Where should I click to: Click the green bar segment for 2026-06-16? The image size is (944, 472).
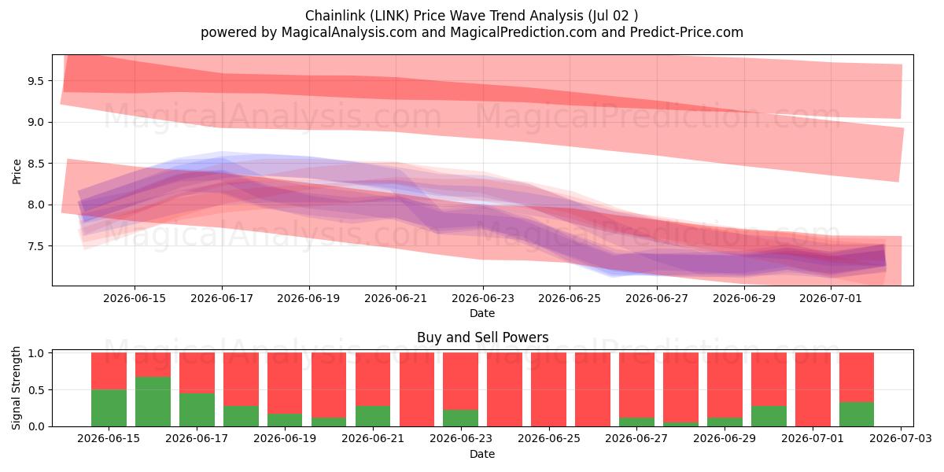[x=153, y=401]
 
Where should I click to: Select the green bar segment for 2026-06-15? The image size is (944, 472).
[x=109, y=408]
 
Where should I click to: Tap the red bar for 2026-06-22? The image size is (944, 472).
[x=417, y=389]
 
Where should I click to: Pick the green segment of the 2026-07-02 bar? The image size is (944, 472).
[x=857, y=415]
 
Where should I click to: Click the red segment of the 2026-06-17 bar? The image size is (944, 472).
[x=197, y=373]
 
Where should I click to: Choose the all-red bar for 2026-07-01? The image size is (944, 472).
[x=813, y=389]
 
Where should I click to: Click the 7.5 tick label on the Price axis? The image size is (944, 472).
[x=36, y=246]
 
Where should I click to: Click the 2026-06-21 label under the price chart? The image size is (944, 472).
[x=396, y=298]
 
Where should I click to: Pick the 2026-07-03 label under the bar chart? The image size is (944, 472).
[x=901, y=438]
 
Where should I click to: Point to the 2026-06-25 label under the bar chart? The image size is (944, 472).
[x=549, y=438]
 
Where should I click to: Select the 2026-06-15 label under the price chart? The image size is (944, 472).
[x=135, y=298]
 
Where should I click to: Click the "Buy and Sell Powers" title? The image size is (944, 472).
[x=482, y=337]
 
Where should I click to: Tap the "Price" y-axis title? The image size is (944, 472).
[x=17, y=171]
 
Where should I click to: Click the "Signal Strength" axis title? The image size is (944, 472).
[x=16, y=388]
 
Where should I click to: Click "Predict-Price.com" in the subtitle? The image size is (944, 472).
[x=687, y=32]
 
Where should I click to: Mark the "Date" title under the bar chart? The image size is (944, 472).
[x=482, y=454]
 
